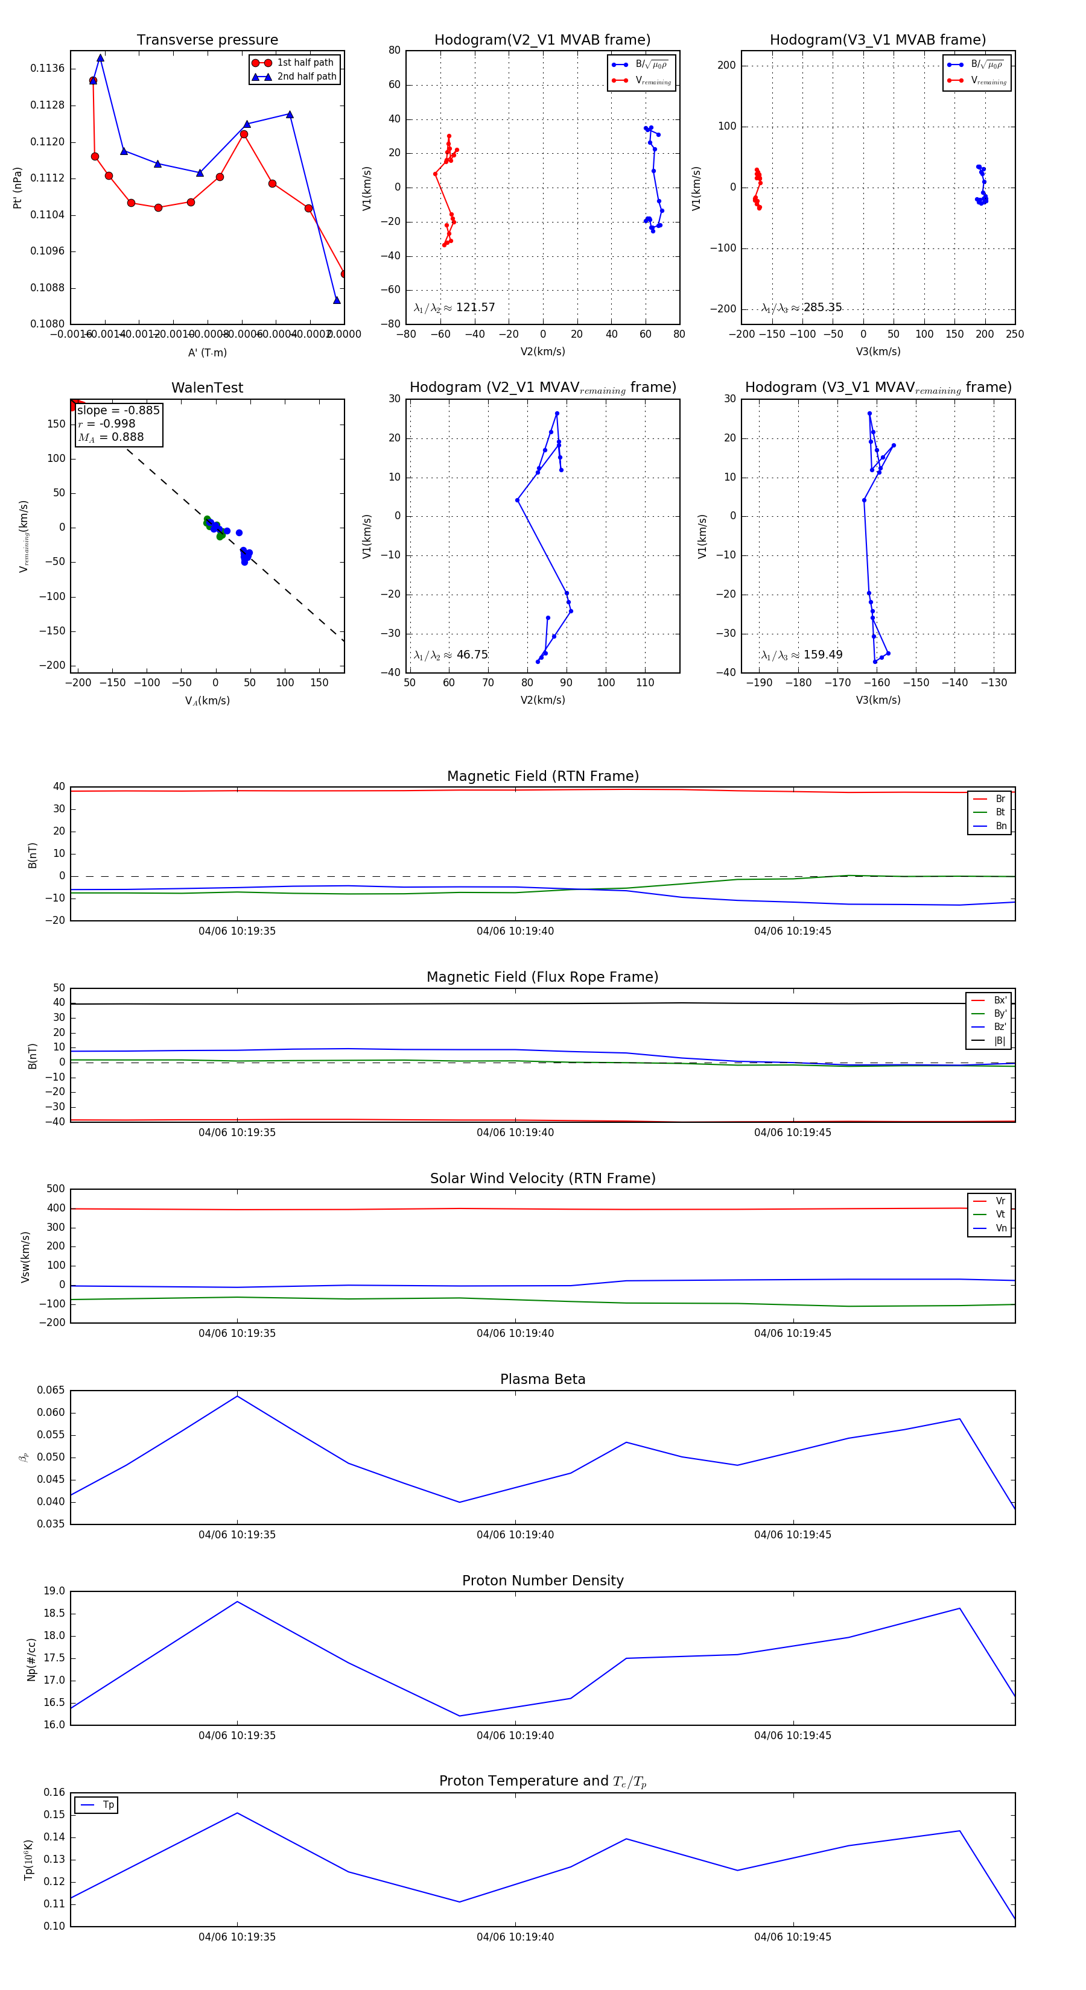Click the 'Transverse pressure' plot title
[x=207, y=39]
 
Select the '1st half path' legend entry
[x=305, y=63]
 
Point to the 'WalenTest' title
[x=207, y=388]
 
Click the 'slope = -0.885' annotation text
[x=118, y=410]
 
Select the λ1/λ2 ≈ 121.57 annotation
[x=454, y=308]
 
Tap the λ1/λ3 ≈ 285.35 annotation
[x=802, y=308]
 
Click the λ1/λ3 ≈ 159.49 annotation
[x=802, y=655]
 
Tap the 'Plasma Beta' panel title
[x=542, y=1379]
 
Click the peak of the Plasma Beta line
[x=237, y=1396]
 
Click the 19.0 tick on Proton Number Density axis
[x=54, y=1591]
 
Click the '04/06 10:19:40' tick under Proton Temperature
[x=515, y=1937]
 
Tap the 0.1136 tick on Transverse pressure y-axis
[x=47, y=69]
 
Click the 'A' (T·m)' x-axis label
[x=207, y=352]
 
